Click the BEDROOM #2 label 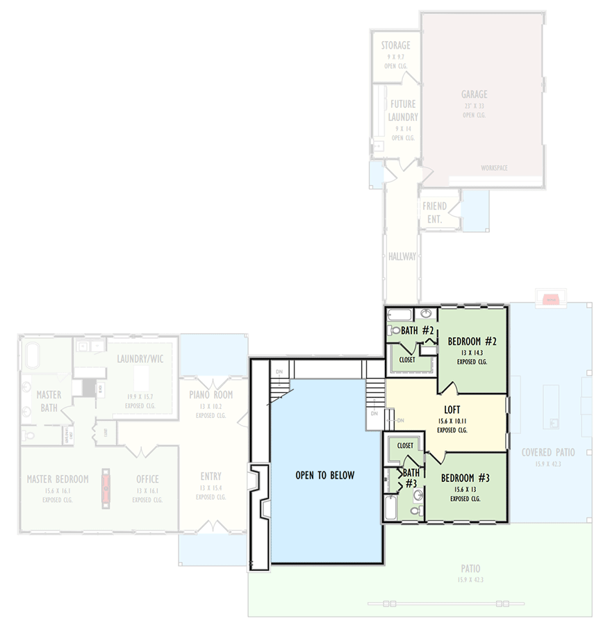coord(472,342)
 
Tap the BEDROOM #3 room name coord(465,479)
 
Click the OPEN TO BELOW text coord(324,476)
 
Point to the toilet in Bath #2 coord(393,331)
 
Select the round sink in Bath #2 coord(427,314)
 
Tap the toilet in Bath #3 coord(415,511)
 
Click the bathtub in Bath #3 coord(390,508)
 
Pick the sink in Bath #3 coord(418,495)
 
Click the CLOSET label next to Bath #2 coord(407,360)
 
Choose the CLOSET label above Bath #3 coord(405,445)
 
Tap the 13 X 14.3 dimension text coord(472,353)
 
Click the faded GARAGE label coord(474,95)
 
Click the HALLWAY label coord(402,257)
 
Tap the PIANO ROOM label coord(211,395)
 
